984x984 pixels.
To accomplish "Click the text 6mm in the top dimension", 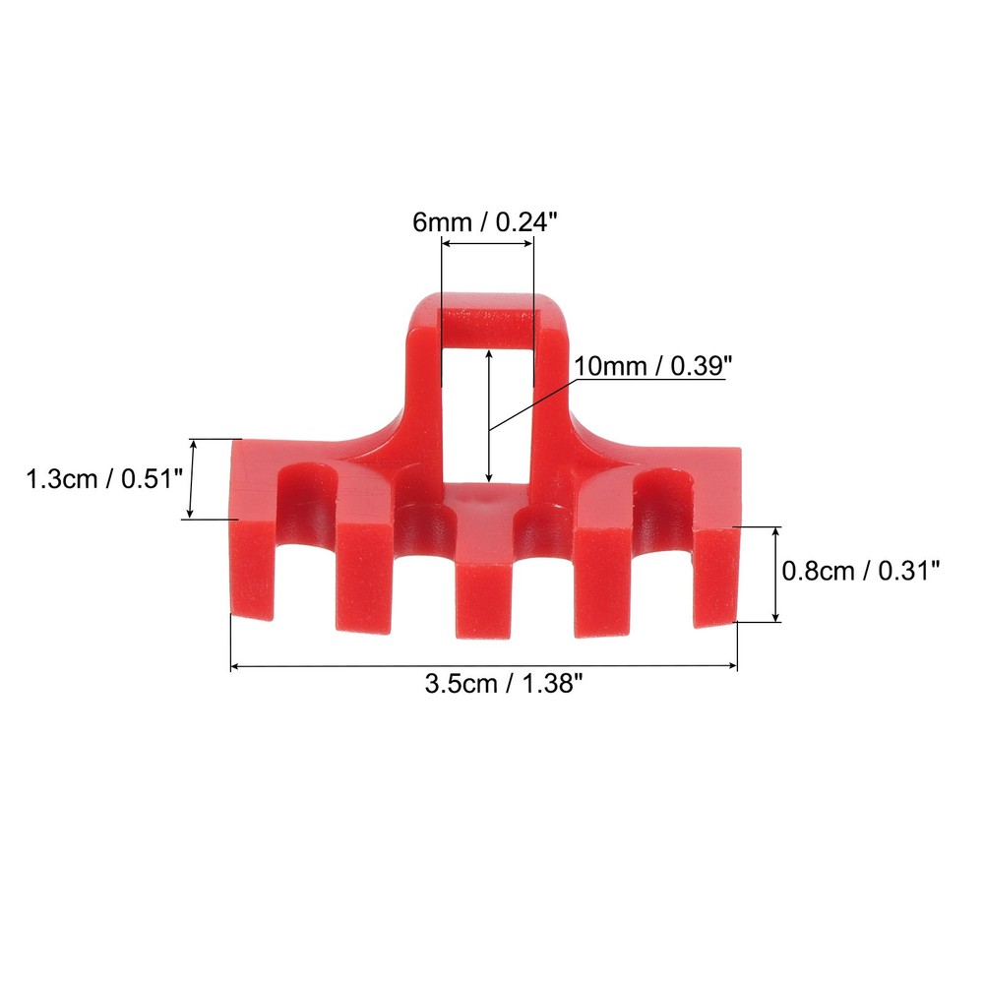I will [x=441, y=223].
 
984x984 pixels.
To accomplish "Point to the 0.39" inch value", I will [x=702, y=367].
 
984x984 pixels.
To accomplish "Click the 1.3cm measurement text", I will [x=62, y=480].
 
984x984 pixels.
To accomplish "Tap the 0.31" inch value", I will [x=907, y=570].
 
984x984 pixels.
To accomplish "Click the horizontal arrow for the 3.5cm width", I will [x=483, y=666].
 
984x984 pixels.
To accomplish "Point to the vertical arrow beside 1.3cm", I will [x=193, y=479].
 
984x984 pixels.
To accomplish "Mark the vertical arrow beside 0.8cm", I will [x=777, y=575].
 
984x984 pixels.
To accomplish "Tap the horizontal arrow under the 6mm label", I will [x=487, y=248].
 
